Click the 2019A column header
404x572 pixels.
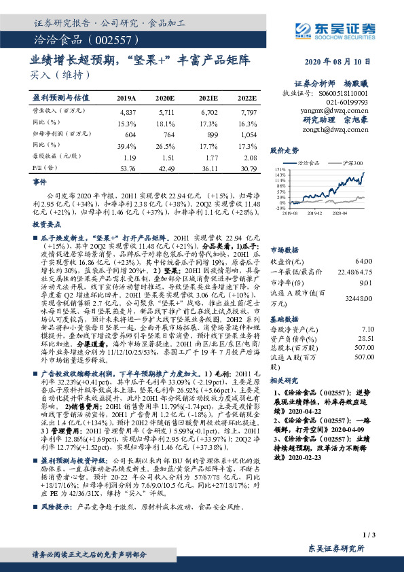pos(126,98)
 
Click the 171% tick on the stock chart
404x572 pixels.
pos(279,168)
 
